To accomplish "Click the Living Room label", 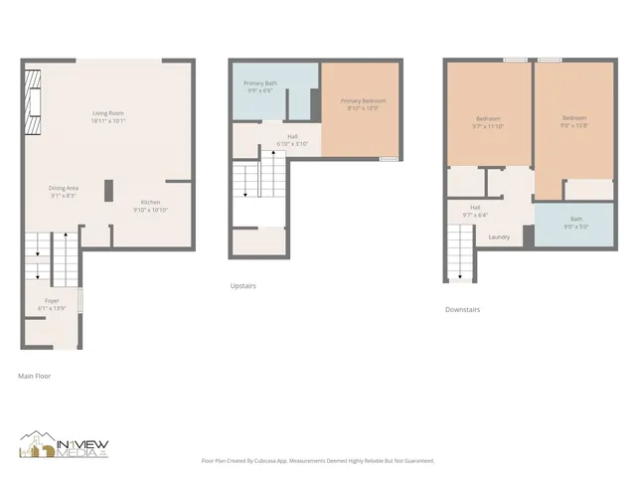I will (x=108, y=117).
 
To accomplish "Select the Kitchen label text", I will (x=150, y=206).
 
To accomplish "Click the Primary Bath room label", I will (x=260, y=87).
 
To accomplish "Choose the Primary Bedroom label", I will (x=363, y=104).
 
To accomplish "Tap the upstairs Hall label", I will (x=292, y=140).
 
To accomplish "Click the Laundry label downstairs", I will (x=499, y=237).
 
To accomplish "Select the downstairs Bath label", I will (x=576, y=222).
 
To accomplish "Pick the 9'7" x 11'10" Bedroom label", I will (x=488, y=122).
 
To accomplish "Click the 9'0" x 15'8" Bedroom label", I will (x=573, y=121).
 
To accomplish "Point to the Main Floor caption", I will (x=34, y=377).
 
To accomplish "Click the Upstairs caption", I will (x=242, y=286).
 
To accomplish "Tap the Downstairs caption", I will (x=463, y=309).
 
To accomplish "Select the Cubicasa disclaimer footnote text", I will (x=318, y=460).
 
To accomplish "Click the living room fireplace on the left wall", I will (x=34, y=101).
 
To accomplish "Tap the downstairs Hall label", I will (x=476, y=211).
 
